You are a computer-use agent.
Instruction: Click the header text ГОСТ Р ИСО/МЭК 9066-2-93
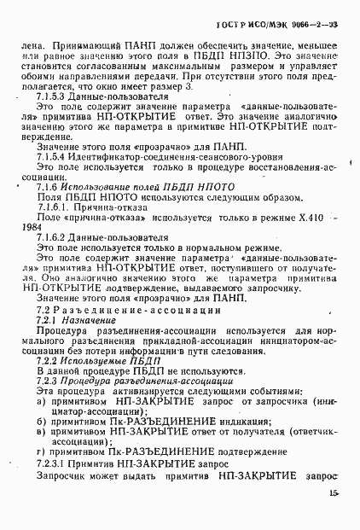pyautogui.click(x=292, y=25)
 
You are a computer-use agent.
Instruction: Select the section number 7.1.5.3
pyautogui.click(x=51, y=98)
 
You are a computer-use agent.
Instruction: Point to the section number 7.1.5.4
pyautogui.click(x=51, y=158)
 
